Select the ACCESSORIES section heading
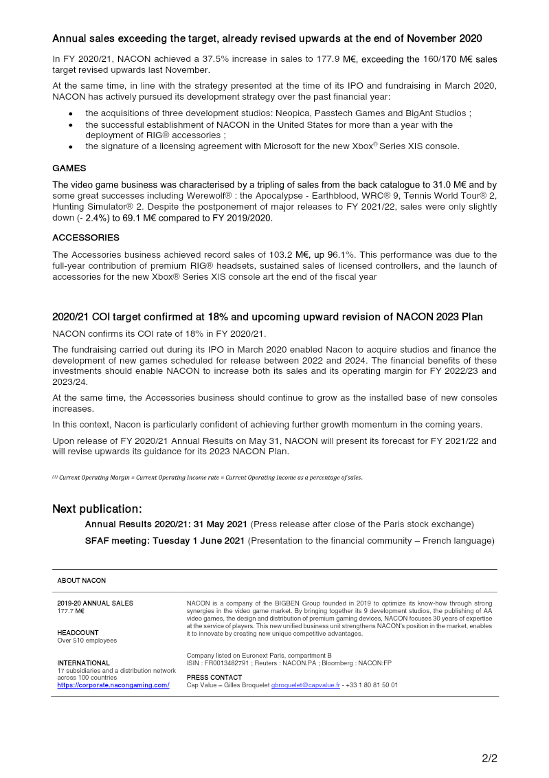tap(86, 238)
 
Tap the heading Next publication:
tap(97, 509)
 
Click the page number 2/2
tap(489, 759)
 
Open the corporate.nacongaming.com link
tap(113, 685)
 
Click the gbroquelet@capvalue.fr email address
tap(306, 685)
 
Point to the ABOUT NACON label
tap(82, 581)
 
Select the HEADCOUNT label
tap(78, 633)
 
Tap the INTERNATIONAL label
tap(83, 663)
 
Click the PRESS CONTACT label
tap(214, 678)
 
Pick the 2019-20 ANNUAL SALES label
tap(96, 603)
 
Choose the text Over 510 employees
tap(87, 641)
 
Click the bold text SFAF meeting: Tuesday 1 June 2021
tap(165, 541)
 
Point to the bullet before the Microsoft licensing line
tap(71, 147)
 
